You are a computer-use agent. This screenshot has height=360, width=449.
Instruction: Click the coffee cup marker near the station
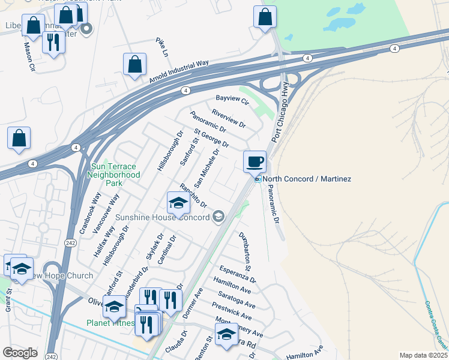click(255, 161)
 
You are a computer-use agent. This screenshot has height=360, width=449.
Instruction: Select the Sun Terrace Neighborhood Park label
click(113, 174)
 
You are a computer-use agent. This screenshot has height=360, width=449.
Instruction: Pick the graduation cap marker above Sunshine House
click(178, 204)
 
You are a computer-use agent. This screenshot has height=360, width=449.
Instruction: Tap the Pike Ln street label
click(161, 46)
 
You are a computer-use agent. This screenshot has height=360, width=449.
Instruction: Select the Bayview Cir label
click(232, 100)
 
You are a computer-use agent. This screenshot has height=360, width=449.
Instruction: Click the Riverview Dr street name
click(229, 118)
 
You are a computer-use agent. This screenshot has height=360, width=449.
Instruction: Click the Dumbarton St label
click(247, 247)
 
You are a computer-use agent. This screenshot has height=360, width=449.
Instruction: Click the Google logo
click(20, 353)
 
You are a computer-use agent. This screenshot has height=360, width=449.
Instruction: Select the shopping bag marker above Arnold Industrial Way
click(135, 65)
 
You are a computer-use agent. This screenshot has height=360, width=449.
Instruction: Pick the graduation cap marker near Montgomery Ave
click(226, 335)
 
